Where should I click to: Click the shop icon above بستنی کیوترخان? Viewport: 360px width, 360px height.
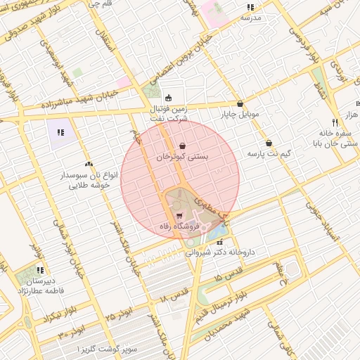pyautogui.click(x=183, y=146)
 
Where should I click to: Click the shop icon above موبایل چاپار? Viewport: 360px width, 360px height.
pyautogui.click(x=240, y=103)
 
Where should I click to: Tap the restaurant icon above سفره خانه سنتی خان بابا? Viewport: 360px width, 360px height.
pyautogui.click(x=335, y=122)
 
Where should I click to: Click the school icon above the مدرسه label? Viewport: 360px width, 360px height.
pyautogui.click(x=250, y=7)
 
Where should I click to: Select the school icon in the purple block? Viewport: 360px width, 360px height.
pyautogui.click(x=60, y=131)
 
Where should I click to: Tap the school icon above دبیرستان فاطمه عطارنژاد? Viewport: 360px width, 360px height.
pyautogui.click(x=40, y=269)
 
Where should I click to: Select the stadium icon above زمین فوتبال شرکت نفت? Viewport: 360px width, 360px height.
pyautogui.click(x=167, y=98)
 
